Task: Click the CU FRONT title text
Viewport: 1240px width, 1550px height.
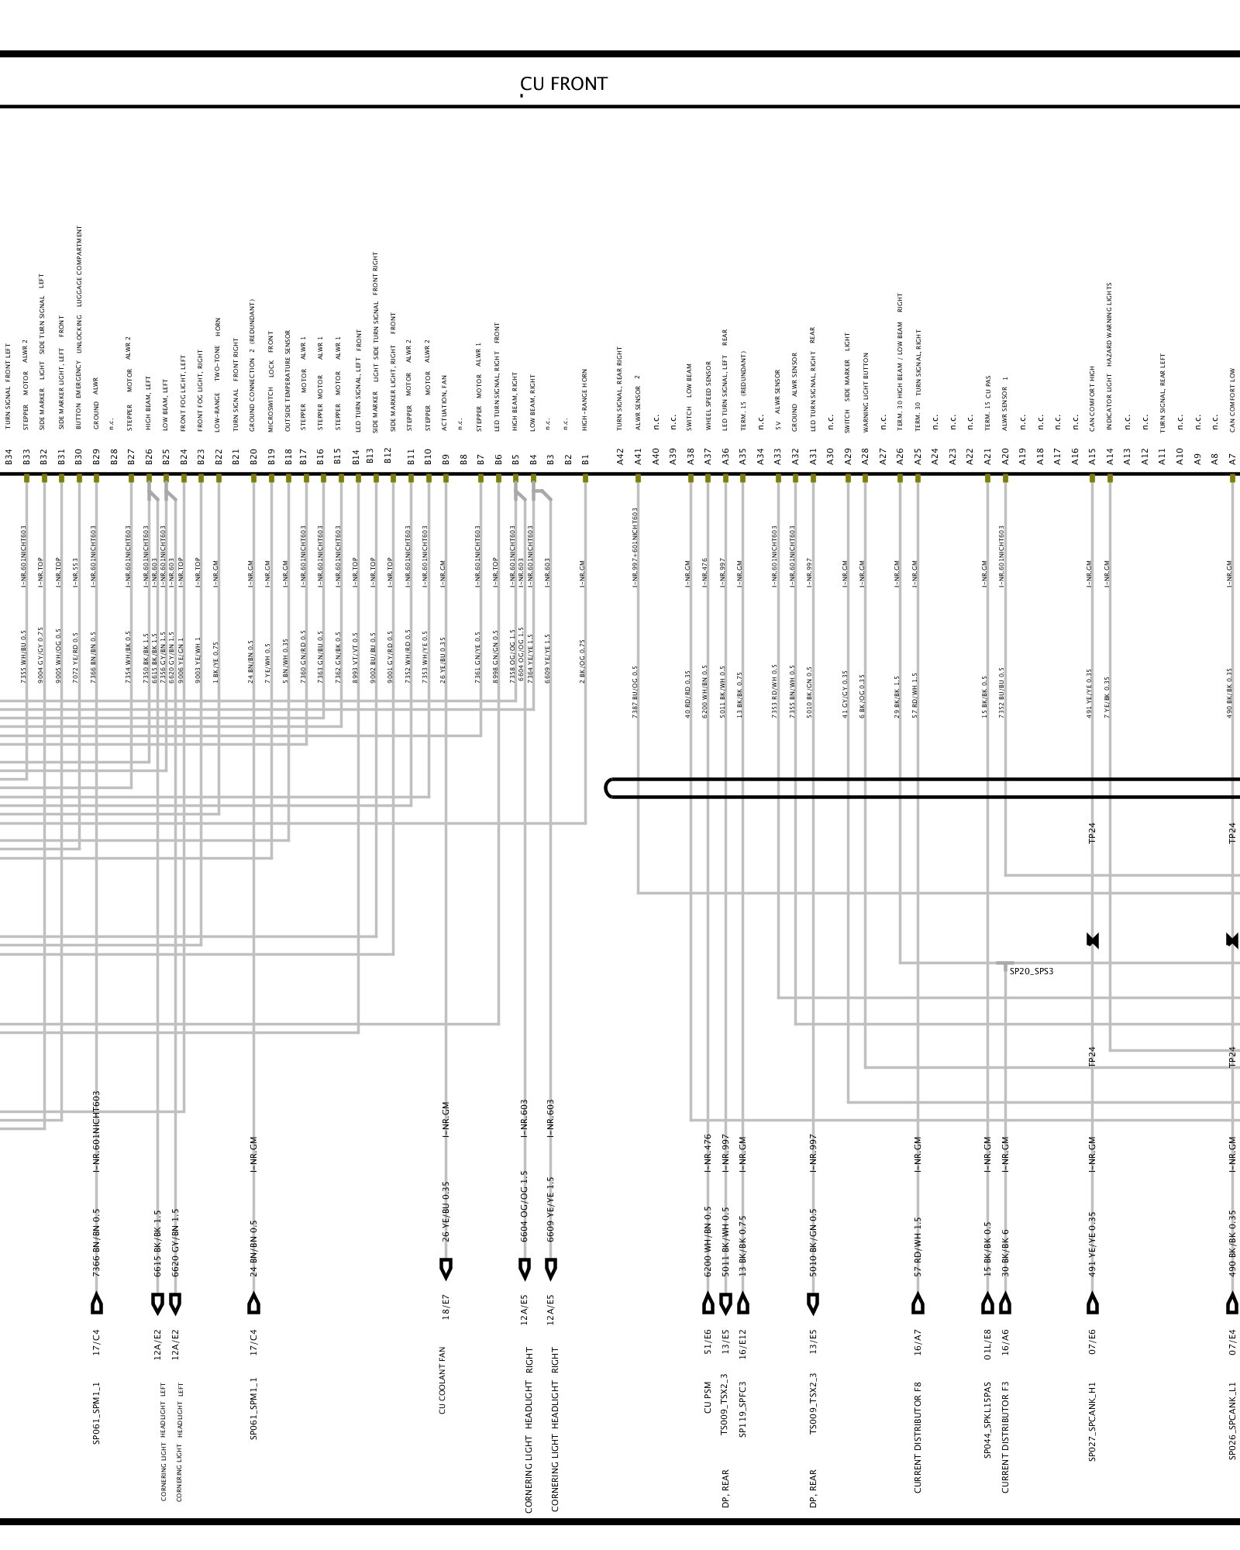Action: pyautogui.click(x=563, y=84)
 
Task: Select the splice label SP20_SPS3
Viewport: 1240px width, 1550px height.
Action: pyautogui.click(x=1031, y=971)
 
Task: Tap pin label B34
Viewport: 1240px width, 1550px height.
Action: pyautogui.click(x=9, y=456)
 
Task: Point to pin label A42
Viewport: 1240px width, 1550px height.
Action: pyautogui.click(x=620, y=456)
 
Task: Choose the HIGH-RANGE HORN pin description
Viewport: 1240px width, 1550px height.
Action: pyautogui.click(x=585, y=399)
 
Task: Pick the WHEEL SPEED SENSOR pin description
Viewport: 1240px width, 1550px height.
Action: pyautogui.click(x=708, y=395)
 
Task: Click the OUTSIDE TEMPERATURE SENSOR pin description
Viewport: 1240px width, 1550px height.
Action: pyautogui.click(x=288, y=381)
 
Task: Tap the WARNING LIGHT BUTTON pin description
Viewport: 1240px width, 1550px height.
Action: pyautogui.click(x=866, y=392)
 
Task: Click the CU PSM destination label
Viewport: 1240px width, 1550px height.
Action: pyautogui.click(x=708, y=1397)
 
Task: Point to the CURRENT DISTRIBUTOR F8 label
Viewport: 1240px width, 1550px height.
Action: pyautogui.click(x=918, y=1437)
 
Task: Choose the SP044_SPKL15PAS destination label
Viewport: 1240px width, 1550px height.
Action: pyautogui.click(x=987, y=1421)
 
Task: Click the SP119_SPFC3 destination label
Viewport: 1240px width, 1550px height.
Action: pyautogui.click(x=742, y=1409)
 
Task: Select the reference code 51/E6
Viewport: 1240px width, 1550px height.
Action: pyautogui.click(x=708, y=1341)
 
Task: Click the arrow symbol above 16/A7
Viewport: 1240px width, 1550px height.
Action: pyautogui.click(x=918, y=1304)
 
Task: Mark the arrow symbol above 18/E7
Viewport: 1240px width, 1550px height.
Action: pyautogui.click(x=446, y=1269)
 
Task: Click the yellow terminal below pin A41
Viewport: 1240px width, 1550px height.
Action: pyautogui.click(x=638, y=478)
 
